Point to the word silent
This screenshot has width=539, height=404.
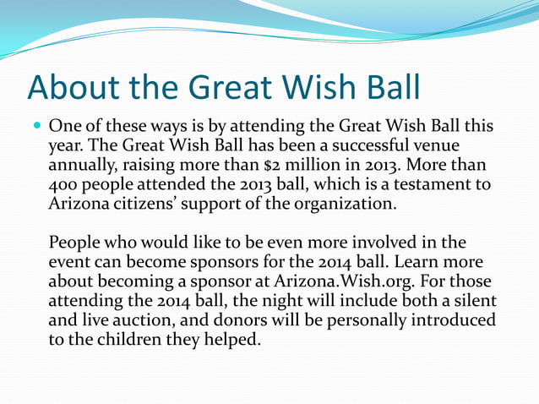tap(476, 301)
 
